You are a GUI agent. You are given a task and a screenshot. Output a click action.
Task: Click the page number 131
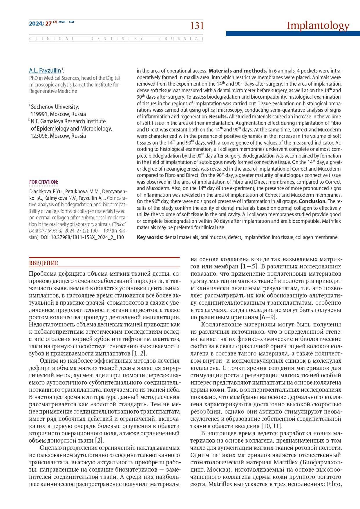(197, 26)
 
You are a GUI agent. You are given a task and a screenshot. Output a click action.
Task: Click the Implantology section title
(318, 26)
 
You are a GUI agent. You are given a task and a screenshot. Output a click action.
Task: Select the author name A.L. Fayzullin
(45, 71)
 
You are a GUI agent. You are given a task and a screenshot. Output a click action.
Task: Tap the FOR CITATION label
(44, 182)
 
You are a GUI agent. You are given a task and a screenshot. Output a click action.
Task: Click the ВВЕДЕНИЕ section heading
(44, 263)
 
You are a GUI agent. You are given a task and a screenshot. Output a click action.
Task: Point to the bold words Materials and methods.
(238, 71)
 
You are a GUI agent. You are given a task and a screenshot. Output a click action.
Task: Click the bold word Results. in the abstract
(218, 117)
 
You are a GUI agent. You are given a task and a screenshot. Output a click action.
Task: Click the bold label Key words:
(150, 237)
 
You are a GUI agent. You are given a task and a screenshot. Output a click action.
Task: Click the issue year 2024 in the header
(36, 24)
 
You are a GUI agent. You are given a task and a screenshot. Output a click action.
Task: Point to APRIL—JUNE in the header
(66, 22)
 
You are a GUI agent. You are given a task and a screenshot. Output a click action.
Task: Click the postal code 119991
(39, 114)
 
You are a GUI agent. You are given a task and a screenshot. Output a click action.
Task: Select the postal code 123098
(39, 136)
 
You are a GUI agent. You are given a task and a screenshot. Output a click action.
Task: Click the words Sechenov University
(55, 107)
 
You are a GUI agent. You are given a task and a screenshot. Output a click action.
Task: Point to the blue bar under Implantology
(293, 34)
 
